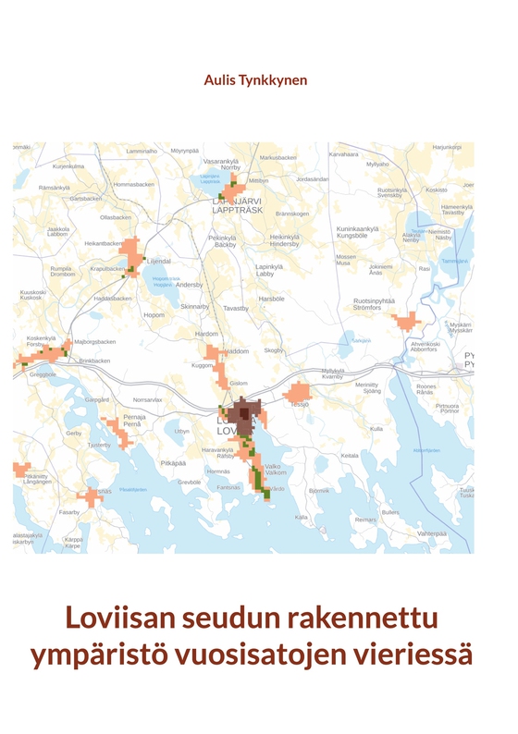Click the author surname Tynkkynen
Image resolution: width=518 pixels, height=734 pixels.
(x=276, y=80)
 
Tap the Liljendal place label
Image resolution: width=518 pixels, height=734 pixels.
(x=159, y=261)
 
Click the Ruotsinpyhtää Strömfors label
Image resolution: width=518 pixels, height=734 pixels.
(x=375, y=303)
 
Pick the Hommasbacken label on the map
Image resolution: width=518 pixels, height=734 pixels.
(x=133, y=184)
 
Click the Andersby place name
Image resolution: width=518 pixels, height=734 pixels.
(x=189, y=285)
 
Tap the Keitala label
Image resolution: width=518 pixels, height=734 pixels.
(x=350, y=455)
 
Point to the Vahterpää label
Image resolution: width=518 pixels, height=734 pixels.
(x=432, y=533)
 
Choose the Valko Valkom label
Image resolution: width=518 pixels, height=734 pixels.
(x=273, y=469)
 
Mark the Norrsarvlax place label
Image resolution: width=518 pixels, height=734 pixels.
(x=148, y=399)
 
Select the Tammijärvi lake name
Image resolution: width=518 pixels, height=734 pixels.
(x=455, y=261)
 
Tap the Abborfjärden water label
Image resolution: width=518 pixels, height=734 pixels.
(x=425, y=450)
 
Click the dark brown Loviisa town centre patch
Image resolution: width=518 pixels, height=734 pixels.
(x=245, y=411)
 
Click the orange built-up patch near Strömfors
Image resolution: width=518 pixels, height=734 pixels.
(x=405, y=322)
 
